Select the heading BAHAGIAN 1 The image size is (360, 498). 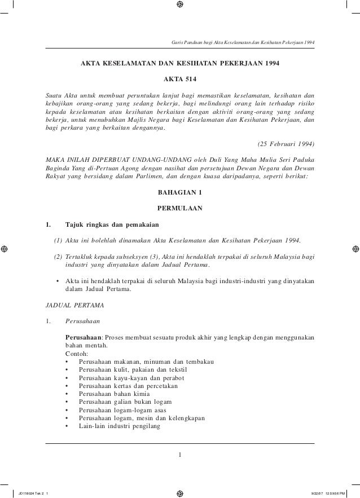tap(180, 192)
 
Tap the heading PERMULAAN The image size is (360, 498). tap(180, 208)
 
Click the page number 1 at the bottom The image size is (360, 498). tap(180, 455)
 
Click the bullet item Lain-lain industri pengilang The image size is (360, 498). tap(119, 426)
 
